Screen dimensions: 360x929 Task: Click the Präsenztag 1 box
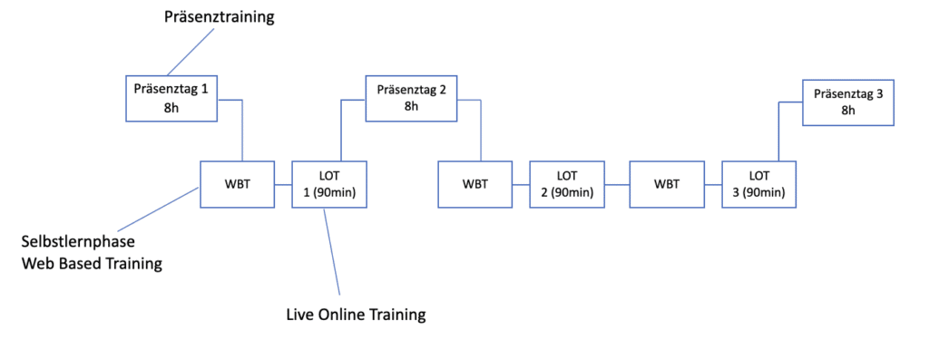click(x=170, y=99)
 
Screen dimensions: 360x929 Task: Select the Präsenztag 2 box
click(x=411, y=98)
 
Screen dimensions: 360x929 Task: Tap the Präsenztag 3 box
click(x=848, y=102)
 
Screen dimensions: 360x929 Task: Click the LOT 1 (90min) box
click(x=328, y=184)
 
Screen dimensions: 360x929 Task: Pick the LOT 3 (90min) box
click(x=759, y=184)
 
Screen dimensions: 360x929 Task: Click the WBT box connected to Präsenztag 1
click(x=237, y=184)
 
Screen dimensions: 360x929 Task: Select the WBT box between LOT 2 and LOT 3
click(x=666, y=184)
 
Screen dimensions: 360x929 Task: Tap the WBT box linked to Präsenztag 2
click(x=474, y=184)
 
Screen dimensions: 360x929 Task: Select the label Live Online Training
click(x=354, y=315)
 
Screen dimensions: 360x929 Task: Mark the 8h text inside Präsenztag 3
click(x=848, y=111)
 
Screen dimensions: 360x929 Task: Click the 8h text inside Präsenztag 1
click(x=170, y=109)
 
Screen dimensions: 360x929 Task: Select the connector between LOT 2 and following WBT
click(x=617, y=185)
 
